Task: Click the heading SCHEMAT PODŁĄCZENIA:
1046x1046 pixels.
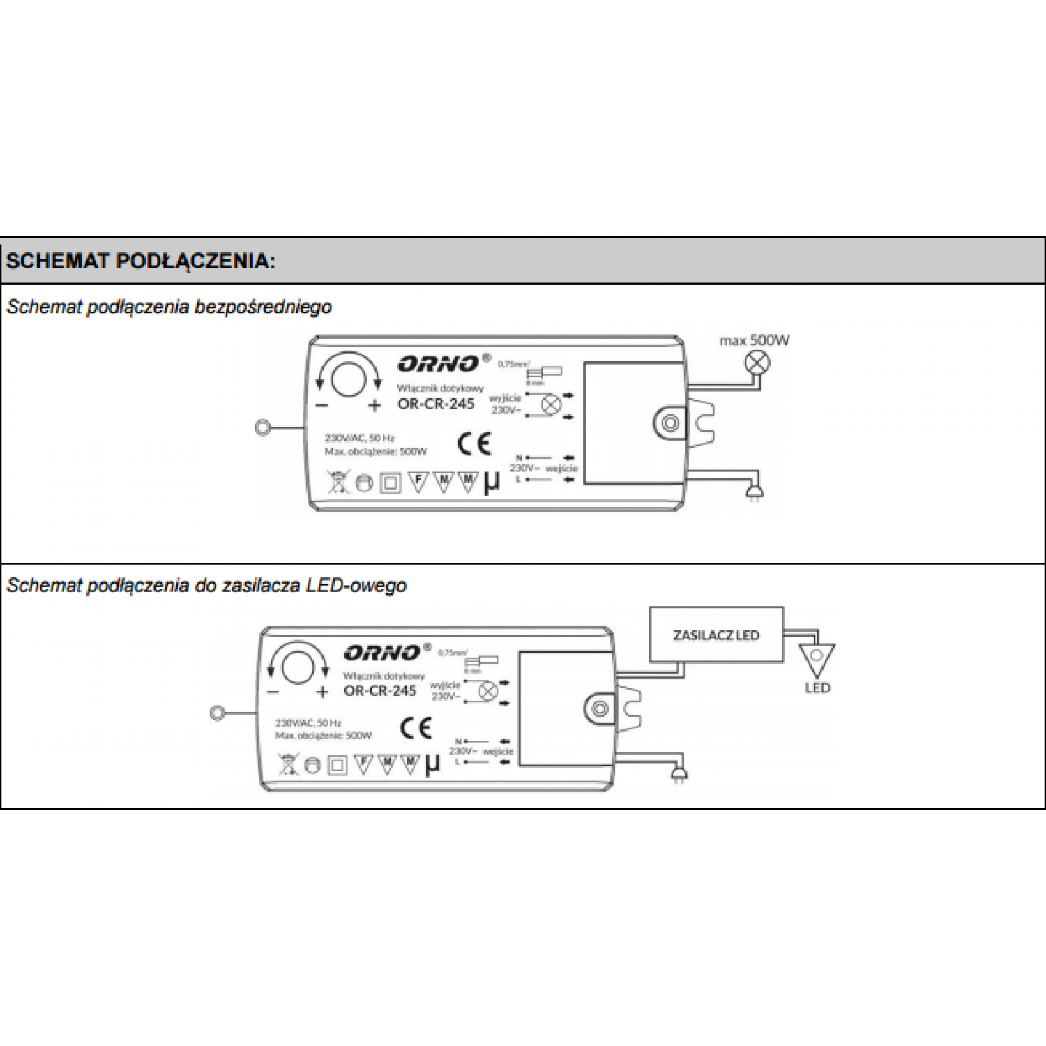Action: pos(140,261)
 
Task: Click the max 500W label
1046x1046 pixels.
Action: pos(755,340)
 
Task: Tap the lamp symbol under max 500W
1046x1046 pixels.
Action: pos(757,362)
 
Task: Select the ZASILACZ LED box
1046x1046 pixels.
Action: pos(716,635)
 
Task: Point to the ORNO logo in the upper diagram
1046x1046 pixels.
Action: pos(439,363)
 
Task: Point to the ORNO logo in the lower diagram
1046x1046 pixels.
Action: pos(382,653)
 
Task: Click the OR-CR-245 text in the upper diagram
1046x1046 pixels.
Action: pos(436,404)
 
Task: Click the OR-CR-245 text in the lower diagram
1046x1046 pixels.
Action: pos(380,690)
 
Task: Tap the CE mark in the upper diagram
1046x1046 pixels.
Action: pos(474,444)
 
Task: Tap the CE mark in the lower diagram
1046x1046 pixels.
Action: pos(416,729)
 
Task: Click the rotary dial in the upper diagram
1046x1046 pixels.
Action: pos(348,379)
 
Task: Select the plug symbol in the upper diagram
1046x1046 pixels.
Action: pos(755,492)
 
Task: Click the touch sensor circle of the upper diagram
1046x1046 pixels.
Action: pos(263,427)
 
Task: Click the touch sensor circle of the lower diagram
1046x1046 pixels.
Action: pos(217,713)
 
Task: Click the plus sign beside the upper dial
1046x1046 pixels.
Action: pos(374,405)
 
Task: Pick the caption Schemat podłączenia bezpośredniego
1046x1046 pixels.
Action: pos(169,307)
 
